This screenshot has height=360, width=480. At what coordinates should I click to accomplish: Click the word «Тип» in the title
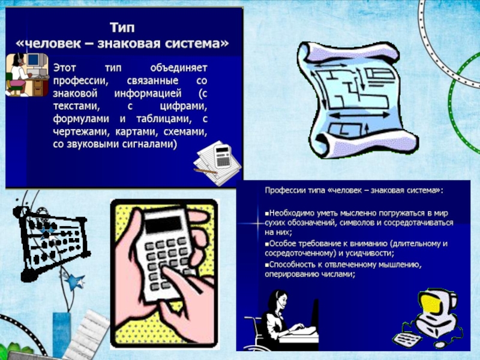click(122, 28)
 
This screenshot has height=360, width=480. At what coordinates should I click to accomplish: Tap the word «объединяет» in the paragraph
click(179, 68)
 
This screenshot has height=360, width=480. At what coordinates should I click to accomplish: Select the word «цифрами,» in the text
click(184, 106)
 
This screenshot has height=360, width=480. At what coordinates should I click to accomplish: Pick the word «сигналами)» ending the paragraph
click(149, 144)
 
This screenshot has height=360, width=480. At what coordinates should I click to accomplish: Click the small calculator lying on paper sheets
click(223, 156)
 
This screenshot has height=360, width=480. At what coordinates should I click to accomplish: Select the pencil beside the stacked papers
click(205, 171)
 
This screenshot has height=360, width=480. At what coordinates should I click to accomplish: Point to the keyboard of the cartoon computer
click(407, 340)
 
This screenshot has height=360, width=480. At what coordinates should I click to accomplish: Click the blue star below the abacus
click(76, 281)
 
